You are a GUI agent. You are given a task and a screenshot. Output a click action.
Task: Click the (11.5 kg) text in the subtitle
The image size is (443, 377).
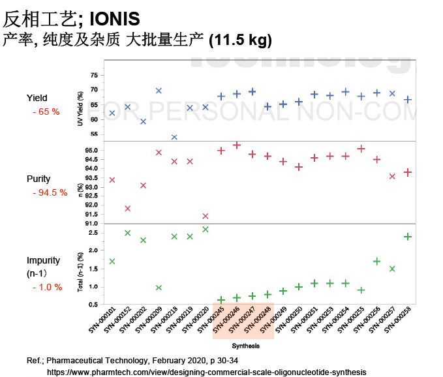(240, 40)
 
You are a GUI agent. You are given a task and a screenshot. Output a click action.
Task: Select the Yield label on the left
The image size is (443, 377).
(37, 98)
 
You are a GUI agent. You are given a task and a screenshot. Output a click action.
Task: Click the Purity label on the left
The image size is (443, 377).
(38, 179)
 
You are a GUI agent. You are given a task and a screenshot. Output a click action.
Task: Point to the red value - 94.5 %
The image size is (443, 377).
(50, 192)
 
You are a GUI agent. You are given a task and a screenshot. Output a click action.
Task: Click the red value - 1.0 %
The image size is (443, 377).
(48, 287)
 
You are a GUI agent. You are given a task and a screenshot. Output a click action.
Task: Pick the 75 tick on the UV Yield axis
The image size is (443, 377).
(95, 75)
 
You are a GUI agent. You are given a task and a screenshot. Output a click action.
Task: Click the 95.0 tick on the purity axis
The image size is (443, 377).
(92, 151)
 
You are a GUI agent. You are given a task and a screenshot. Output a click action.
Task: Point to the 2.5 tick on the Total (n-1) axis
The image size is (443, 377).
(94, 232)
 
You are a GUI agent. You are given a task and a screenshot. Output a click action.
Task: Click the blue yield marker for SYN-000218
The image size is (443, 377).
(174, 137)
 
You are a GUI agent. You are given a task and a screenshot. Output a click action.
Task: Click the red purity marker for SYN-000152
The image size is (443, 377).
(127, 209)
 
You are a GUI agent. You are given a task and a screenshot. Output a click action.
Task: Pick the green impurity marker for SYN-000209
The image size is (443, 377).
(159, 288)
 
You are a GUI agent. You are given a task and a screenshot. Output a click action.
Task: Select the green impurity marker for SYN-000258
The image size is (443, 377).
(408, 237)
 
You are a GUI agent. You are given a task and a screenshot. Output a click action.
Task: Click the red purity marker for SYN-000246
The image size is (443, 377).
(237, 145)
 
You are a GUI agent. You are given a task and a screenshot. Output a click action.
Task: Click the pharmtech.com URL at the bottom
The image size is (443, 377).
(206, 372)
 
